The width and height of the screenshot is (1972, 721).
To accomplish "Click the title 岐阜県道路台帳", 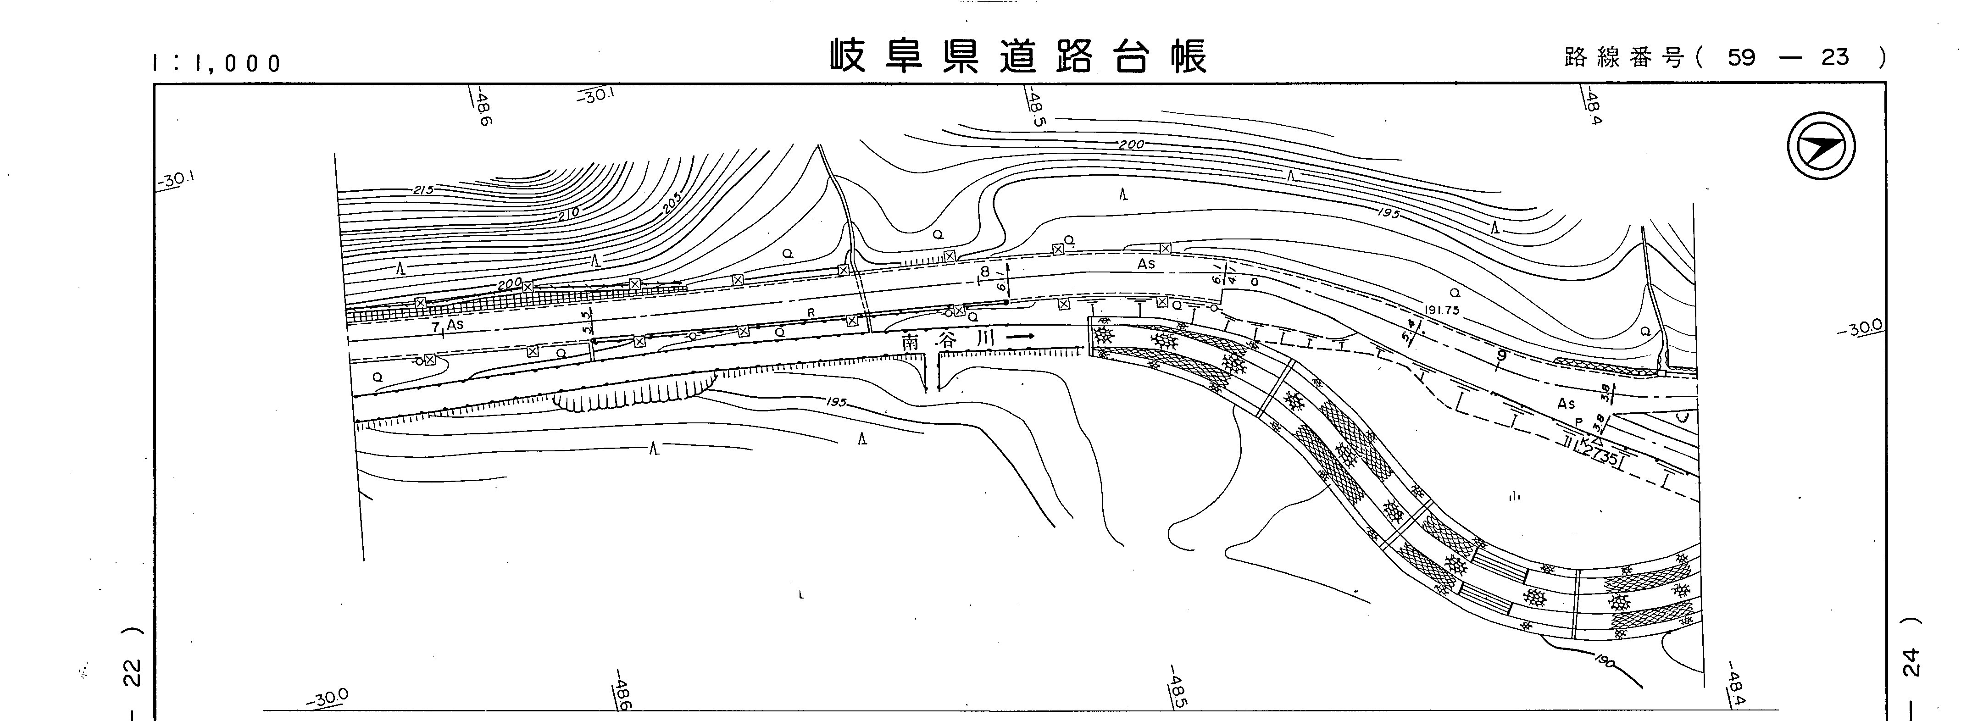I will [x=1019, y=56].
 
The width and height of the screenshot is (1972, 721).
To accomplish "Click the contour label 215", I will [x=423, y=189].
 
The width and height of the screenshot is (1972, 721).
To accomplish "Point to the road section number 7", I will [x=436, y=327].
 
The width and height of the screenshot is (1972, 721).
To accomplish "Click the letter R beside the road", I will [x=811, y=312].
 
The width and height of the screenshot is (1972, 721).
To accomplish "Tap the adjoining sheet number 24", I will [x=1911, y=662].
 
